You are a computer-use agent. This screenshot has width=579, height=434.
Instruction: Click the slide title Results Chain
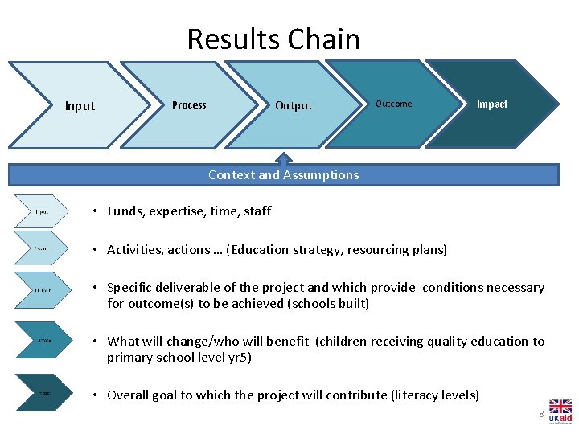(x=273, y=39)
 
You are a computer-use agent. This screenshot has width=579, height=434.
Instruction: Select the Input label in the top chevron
(x=80, y=106)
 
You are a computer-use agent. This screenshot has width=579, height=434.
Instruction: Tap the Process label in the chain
(x=189, y=105)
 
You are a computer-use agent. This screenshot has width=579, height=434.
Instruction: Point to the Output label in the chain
(x=294, y=106)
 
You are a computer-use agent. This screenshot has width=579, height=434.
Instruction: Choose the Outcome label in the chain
(x=393, y=104)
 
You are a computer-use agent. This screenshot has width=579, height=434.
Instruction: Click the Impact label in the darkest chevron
(x=492, y=104)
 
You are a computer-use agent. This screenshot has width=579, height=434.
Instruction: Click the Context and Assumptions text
(x=283, y=174)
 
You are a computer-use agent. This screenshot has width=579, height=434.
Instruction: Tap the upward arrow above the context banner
(x=283, y=158)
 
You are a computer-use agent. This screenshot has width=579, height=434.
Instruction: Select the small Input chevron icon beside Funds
(x=43, y=211)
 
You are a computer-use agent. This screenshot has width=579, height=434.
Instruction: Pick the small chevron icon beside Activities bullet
(x=43, y=249)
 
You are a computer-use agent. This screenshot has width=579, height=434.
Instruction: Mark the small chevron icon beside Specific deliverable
(x=43, y=289)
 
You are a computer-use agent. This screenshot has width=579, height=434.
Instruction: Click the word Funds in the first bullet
(x=124, y=211)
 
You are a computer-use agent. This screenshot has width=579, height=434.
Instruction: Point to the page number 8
(x=541, y=414)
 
